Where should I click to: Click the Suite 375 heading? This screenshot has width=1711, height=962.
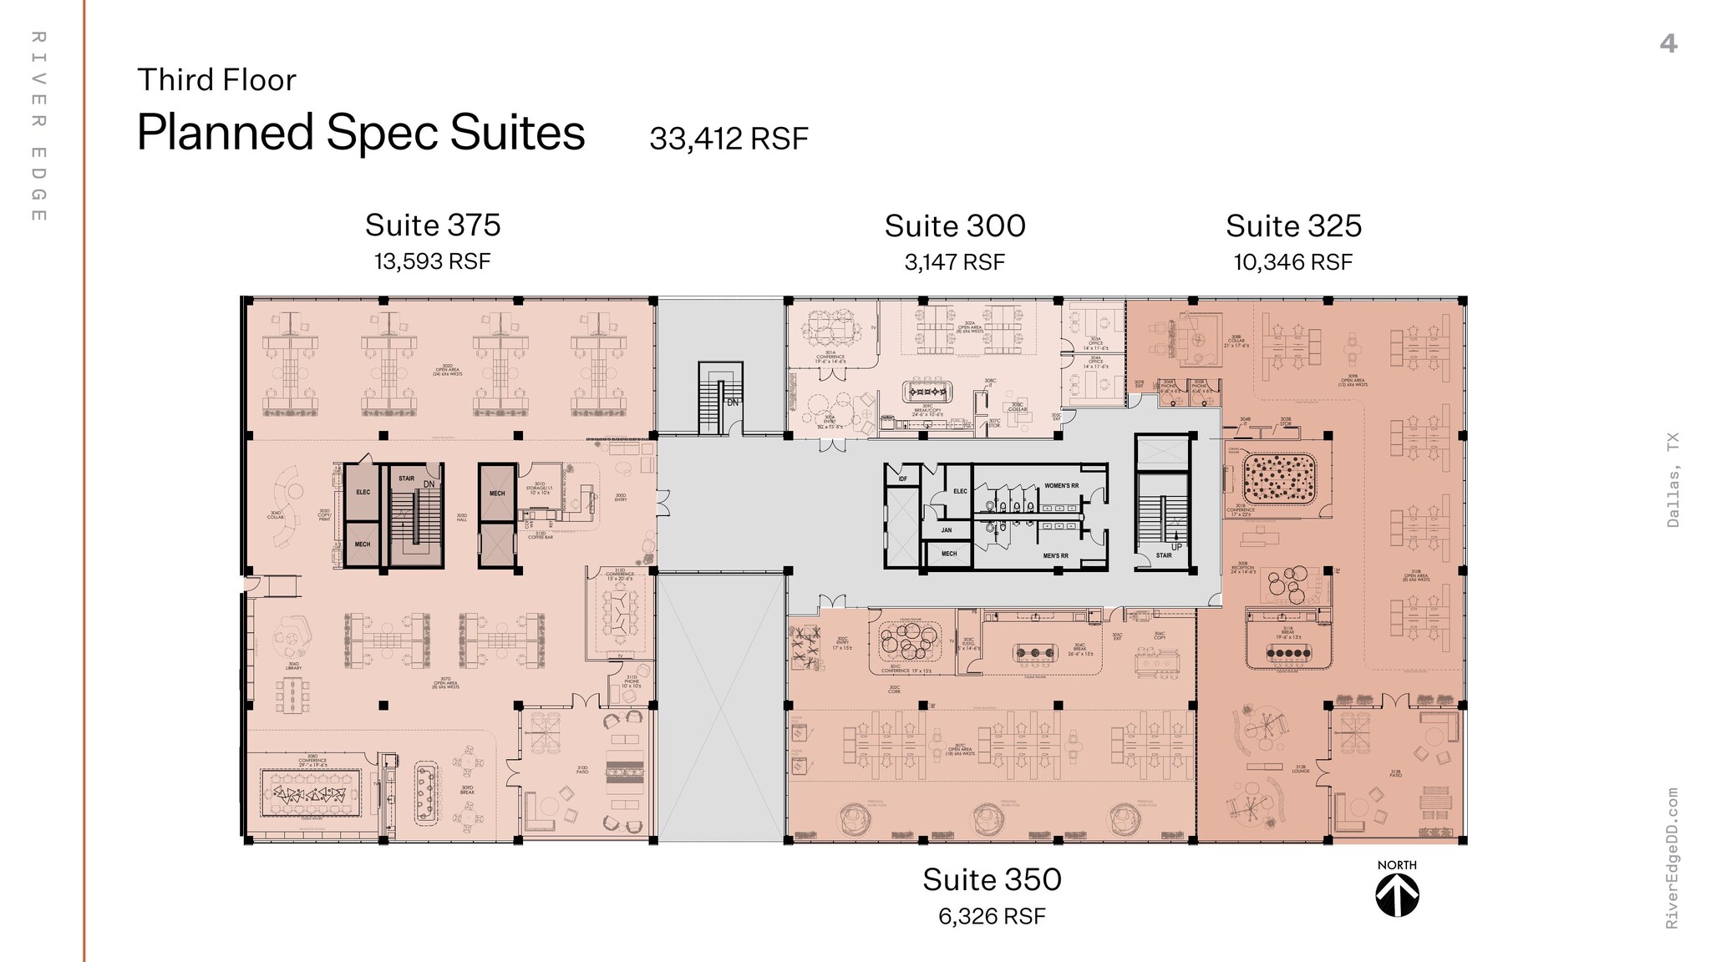tap(433, 225)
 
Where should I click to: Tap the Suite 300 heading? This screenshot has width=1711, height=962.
tap(955, 225)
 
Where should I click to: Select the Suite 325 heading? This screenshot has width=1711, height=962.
tap(1293, 225)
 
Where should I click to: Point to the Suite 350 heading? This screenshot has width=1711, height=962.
tap(992, 879)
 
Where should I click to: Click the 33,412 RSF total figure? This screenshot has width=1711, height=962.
tap(729, 139)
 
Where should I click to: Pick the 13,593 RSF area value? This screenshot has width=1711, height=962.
tap(432, 261)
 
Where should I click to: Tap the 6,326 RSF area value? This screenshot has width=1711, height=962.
tap(992, 916)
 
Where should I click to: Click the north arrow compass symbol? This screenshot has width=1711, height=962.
tap(1397, 896)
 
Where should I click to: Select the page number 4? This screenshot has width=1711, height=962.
tap(1668, 43)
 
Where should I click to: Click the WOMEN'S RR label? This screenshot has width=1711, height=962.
tap(1061, 485)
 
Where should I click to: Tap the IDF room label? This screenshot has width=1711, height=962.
tap(902, 478)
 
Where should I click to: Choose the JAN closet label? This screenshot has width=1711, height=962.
tap(947, 529)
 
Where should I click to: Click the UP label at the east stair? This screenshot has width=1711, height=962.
tap(1176, 547)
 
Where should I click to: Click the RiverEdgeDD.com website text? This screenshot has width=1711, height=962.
tap(1672, 858)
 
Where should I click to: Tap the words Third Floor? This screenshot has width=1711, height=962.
tap(216, 80)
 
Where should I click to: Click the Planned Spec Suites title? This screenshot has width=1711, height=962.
tap(361, 133)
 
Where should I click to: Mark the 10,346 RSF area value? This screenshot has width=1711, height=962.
tap(1292, 262)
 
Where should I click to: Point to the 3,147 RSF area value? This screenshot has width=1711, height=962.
tap(954, 262)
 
